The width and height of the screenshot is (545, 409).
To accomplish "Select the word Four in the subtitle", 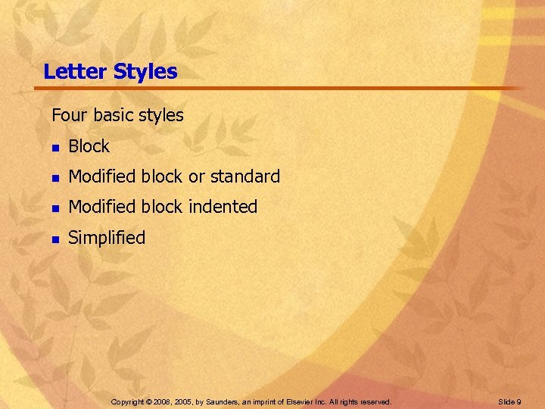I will (x=67, y=116).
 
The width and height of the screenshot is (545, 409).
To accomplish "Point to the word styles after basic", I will (x=161, y=116).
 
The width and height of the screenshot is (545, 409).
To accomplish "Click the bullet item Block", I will (x=89, y=147).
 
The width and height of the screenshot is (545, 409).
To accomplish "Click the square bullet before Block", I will (x=54, y=148).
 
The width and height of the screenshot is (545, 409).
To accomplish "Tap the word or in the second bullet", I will (x=196, y=177).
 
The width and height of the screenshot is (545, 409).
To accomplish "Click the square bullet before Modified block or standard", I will (x=54, y=178).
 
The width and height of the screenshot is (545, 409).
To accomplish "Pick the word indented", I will (x=223, y=207).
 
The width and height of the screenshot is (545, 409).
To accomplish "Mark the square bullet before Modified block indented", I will (x=54, y=208).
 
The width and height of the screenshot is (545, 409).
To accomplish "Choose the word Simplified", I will (x=106, y=238).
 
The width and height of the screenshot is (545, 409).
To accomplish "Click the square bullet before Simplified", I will (x=54, y=239).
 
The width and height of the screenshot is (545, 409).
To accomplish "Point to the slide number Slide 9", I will (x=509, y=401).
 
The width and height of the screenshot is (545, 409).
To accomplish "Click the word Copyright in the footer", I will (x=127, y=401).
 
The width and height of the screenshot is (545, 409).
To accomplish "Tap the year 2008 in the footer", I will (x=164, y=401).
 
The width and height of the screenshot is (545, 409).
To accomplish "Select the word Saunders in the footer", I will (x=220, y=401).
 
